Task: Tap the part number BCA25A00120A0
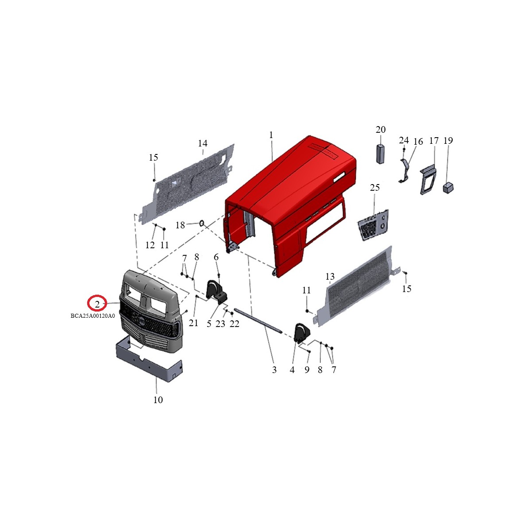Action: tap(93, 316)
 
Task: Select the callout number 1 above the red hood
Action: tap(271, 135)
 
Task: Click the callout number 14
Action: tap(203, 143)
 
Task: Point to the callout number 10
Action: tap(158, 400)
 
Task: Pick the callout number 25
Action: tap(375, 188)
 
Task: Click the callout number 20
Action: tap(381, 130)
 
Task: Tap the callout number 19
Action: tap(448, 141)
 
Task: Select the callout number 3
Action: tap(274, 370)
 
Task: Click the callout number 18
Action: tap(180, 226)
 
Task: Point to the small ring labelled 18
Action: tap(202, 223)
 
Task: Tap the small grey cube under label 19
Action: tap(448, 188)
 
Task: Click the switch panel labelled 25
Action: tap(374, 225)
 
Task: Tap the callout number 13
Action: tap(330, 277)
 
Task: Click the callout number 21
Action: tap(193, 323)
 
